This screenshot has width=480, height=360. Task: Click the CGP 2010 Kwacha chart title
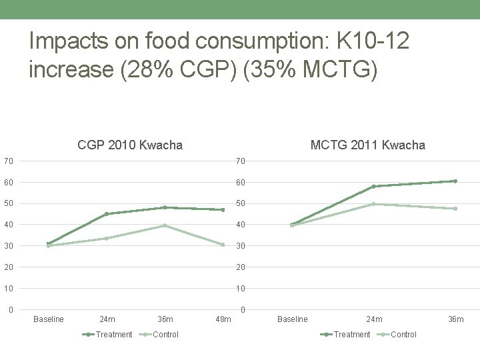point(130,145)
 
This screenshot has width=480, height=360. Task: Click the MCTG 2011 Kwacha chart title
point(368,145)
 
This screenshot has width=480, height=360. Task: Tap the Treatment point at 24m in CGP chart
point(107,214)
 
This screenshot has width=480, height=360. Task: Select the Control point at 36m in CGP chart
point(165,225)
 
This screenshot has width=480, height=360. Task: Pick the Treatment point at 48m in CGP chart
point(223,210)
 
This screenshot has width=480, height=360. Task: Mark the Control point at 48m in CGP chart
point(223,245)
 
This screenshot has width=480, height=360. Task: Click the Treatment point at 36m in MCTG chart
point(455,181)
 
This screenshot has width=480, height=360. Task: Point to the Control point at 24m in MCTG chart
point(374,204)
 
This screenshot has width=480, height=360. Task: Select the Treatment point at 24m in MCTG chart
point(374,186)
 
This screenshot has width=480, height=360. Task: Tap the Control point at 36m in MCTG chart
point(455,209)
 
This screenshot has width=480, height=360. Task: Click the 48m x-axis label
point(223,319)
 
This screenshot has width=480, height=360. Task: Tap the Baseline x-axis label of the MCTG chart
point(293,319)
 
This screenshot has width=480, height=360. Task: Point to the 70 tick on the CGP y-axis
point(7,161)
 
